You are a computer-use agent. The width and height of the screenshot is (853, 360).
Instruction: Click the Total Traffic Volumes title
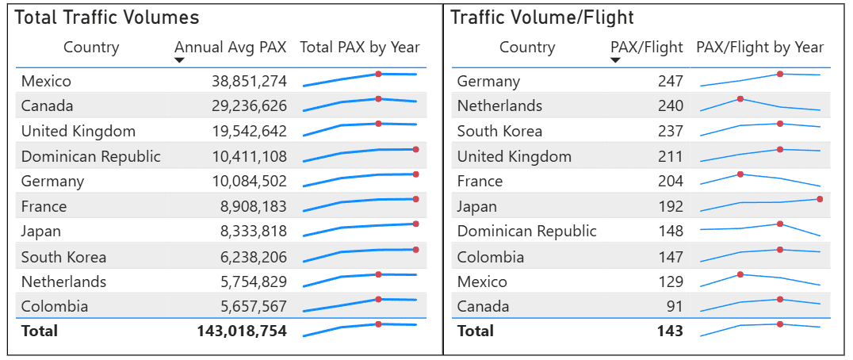107,17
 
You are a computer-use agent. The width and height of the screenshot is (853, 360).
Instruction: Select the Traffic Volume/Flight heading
542,17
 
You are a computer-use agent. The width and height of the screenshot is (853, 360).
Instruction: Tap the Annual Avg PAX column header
231,48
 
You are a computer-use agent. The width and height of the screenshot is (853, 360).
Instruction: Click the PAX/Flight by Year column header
759,48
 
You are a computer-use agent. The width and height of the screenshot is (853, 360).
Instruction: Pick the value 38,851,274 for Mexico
249,81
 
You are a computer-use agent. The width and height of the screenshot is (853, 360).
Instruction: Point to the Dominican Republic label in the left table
90,156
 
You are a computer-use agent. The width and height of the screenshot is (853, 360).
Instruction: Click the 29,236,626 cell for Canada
249,106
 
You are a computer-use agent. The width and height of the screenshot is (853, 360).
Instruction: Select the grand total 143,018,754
242,331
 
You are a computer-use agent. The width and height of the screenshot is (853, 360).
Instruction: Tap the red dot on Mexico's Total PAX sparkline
378,74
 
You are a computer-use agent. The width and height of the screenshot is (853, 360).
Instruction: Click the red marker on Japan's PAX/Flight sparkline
820,199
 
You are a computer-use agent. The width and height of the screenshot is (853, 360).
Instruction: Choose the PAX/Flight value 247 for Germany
670,81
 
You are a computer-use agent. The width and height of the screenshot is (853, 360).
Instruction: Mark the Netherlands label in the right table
499,106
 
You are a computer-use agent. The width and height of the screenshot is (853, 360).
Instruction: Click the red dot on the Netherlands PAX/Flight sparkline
740,99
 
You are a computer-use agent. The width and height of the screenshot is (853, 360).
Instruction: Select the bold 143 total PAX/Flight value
670,331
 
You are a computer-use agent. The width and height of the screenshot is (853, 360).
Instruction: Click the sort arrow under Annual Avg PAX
179,60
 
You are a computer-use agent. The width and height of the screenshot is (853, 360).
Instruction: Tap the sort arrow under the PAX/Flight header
615,60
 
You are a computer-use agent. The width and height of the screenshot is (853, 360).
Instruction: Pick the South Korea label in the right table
499,132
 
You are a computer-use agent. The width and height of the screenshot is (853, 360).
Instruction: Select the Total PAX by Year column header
360,48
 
